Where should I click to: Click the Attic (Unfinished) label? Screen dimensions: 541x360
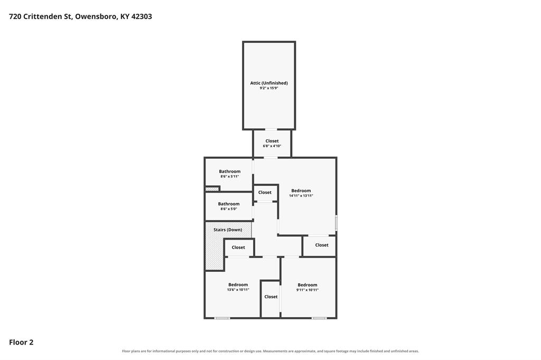[269, 83]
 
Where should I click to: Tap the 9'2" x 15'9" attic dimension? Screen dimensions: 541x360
[269, 88]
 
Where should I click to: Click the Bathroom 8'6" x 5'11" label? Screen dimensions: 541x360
[229, 174]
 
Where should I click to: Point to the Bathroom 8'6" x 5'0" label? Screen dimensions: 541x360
[228, 206]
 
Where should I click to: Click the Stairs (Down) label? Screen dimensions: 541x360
[228, 230]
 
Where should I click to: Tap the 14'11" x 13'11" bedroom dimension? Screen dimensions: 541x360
[301, 196]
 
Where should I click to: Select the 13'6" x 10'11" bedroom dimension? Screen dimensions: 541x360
[238, 290]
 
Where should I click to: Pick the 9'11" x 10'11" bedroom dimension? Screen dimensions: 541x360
[307, 290]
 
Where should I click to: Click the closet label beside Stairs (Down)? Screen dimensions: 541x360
[238, 247]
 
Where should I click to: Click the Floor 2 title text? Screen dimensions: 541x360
[21, 342]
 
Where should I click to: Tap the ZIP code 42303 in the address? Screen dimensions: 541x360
[142, 16]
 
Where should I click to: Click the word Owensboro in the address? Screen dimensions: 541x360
[96, 16]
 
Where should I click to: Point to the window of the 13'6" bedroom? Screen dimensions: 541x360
[222, 318]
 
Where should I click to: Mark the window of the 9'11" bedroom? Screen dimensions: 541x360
[319, 318]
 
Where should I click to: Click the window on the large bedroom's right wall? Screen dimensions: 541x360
[337, 223]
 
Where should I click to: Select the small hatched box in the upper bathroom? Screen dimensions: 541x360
[212, 189]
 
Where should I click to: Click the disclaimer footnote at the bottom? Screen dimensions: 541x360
[270, 351]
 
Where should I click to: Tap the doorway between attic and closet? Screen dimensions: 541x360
[271, 129]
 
